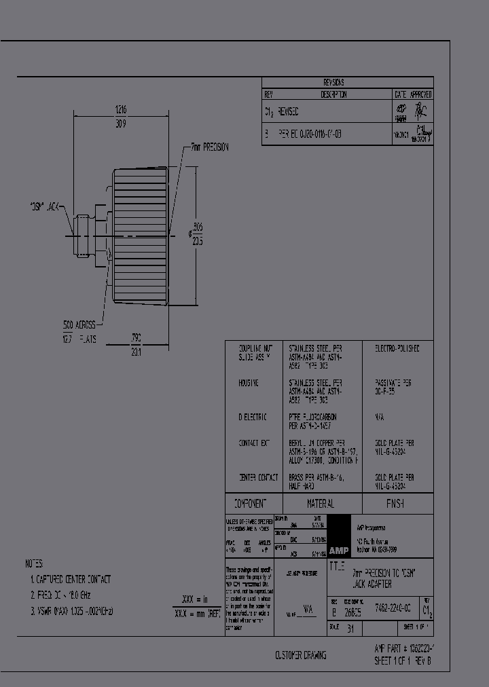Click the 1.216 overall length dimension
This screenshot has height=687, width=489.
[121, 109]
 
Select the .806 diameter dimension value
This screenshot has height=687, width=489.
[198, 226]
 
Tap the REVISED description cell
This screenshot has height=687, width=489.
[288, 111]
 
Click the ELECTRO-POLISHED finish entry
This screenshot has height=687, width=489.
[397, 348]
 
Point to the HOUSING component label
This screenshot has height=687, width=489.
[248, 384]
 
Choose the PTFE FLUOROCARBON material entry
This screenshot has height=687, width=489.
[312, 417]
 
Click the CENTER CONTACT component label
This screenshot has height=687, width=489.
[257, 478]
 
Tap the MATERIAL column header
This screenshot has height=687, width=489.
[320, 504]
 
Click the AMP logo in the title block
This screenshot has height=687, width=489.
[338, 550]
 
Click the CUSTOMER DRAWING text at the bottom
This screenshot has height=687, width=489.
[300, 655]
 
